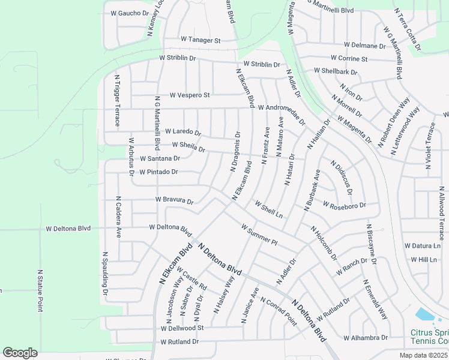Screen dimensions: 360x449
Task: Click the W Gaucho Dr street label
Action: tap(129, 13)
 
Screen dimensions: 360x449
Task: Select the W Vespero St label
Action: tap(189, 95)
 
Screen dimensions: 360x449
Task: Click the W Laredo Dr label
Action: tap(182, 131)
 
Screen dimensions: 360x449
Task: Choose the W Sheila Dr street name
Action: tap(188, 146)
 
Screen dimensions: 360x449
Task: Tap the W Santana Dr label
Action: tap(160, 158)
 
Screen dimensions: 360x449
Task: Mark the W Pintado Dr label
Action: tap(158, 172)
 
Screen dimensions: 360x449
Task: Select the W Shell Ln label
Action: tap(268, 210)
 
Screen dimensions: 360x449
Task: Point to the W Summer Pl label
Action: tap(259, 235)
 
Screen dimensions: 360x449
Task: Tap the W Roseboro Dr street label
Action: tap(343, 205)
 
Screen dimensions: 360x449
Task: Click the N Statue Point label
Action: tap(40, 290)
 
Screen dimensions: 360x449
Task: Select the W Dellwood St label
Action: tap(182, 328)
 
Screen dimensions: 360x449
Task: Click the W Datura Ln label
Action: tap(422, 245)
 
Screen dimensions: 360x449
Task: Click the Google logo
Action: tap(20, 352)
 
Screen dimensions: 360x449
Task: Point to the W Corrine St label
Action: tap(349, 59)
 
